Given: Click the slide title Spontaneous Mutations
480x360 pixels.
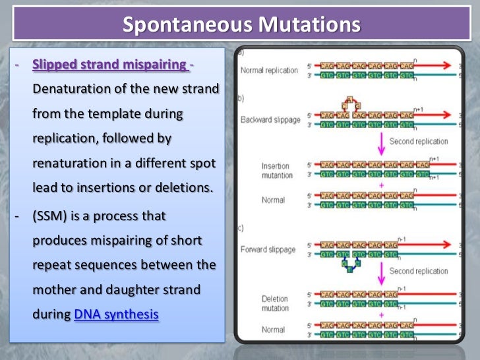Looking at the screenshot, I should pos(242,24).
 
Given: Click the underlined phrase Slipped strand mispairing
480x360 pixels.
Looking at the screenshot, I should pos(109,65).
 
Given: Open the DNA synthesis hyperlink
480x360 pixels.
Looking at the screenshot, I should pos(116,315).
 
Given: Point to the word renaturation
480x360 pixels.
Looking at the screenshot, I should pos(69,163).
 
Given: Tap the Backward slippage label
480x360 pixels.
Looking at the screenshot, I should pos(270,120).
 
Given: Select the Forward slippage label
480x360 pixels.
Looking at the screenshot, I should pos(268,249).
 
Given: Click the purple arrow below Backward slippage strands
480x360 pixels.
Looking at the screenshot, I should pos(380,141).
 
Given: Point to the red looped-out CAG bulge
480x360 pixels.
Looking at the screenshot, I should pos(349,103).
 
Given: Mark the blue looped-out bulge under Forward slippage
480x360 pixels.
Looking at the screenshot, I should pos(349,266).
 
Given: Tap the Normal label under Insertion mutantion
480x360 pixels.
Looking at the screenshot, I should pos(272,200).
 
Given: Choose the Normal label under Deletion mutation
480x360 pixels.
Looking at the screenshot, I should pos(272,330).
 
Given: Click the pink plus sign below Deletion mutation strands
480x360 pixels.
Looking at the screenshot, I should pos(380,316).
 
